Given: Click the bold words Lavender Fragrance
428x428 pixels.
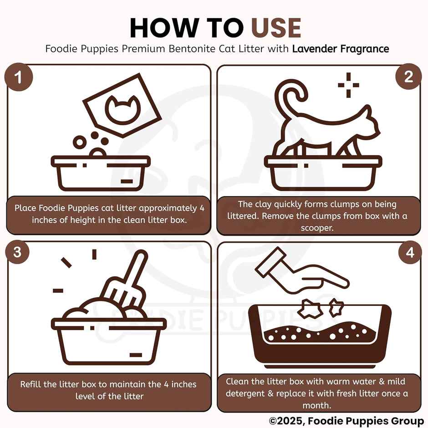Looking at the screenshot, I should click(x=340, y=49).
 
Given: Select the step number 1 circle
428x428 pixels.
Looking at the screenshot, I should click(x=18, y=77).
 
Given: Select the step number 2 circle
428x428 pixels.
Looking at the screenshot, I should click(x=408, y=76).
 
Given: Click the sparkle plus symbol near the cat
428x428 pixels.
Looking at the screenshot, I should click(x=349, y=85).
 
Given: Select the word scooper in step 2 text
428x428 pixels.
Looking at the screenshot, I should click(x=317, y=228).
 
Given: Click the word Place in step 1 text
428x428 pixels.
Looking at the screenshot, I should click(x=25, y=208).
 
